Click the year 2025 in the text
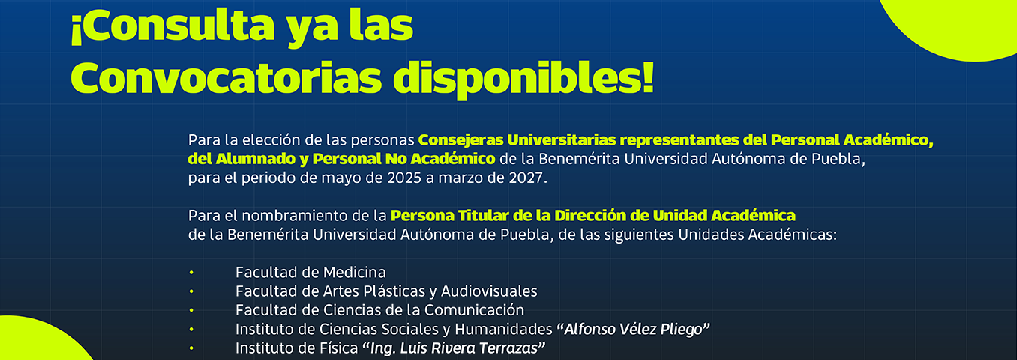404,178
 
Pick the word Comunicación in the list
474,310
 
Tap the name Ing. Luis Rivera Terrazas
454,348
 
